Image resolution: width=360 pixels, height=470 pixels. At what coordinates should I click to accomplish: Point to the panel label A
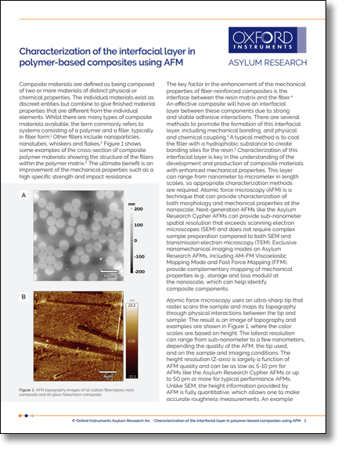pyautogui.click(x=23, y=194)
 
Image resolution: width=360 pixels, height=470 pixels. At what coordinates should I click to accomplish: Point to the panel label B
pyautogui.click(x=23, y=296)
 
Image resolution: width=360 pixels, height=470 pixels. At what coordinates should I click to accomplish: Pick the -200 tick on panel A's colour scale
pyautogui.click(x=139, y=271)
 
